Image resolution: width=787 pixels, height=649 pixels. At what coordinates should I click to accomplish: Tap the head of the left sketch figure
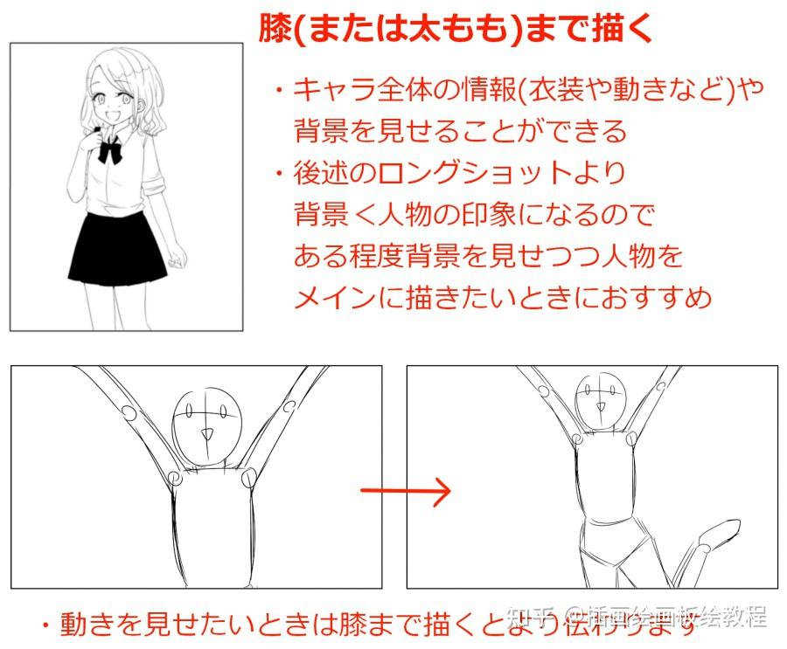coord(207,418)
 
